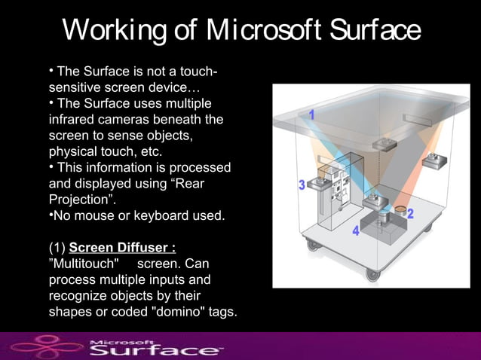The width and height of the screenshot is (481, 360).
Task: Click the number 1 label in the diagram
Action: pyautogui.click(x=311, y=115)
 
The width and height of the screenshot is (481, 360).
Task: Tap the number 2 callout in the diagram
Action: pyautogui.click(x=411, y=214)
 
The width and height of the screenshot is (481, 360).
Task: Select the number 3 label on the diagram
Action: pyautogui.click(x=302, y=185)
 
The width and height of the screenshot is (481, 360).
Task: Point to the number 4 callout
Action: pyautogui.click(x=356, y=232)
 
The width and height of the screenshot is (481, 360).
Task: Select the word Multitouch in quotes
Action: pyautogui.click(x=83, y=264)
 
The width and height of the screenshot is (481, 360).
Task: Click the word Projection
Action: pyautogui.click(x=79, y=200)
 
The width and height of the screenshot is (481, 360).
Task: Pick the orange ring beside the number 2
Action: pyautogui.click(x=400, y=207)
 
